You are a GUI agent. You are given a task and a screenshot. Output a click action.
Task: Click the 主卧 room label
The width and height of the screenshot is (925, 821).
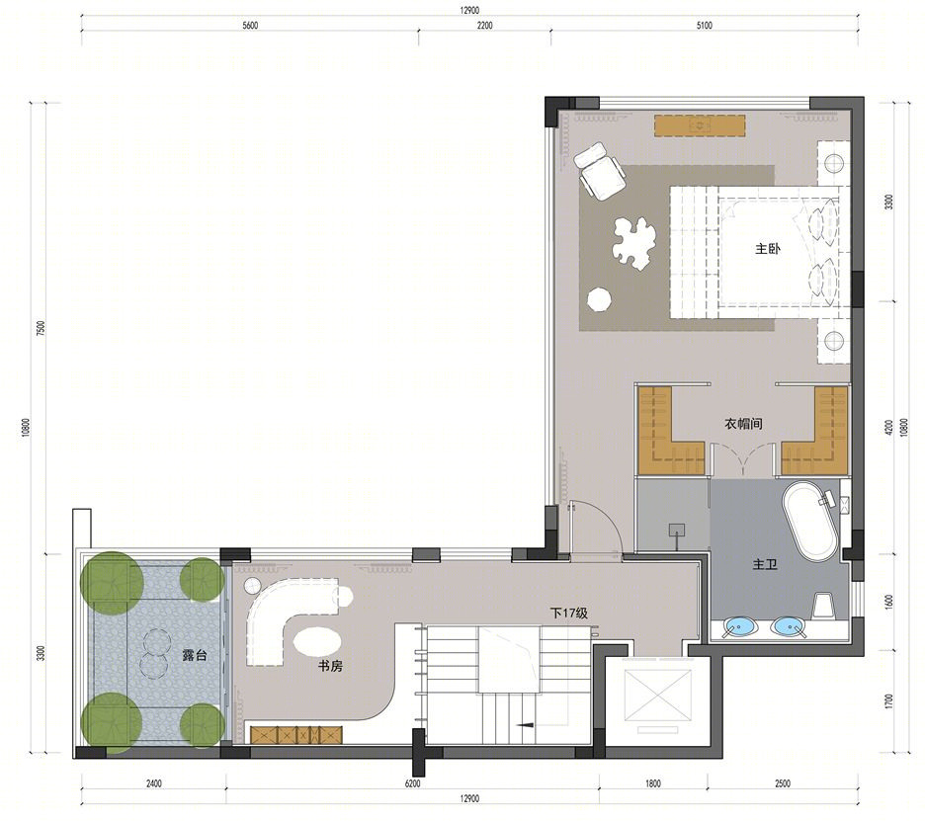[x=768, y=249]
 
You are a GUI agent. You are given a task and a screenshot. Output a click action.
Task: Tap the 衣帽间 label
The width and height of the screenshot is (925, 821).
[x=743, y=424]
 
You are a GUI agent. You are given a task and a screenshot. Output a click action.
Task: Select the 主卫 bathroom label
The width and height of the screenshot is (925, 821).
[x=765, y=564]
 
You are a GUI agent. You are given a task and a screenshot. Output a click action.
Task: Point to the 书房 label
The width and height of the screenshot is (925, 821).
[x=330, y=667]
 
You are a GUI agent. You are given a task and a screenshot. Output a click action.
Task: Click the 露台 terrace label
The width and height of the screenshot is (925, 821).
[x=195, y=655]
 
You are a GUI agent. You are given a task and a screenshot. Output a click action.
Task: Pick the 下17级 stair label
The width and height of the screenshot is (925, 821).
[x=569, y=614]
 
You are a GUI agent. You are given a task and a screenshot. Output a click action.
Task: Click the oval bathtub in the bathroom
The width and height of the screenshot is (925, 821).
[x=809, y=522]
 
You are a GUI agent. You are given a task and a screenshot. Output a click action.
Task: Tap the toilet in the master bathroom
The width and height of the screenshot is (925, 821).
[x=823, y=606]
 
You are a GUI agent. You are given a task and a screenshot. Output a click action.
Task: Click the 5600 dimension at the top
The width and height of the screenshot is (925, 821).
[x=250, y=26]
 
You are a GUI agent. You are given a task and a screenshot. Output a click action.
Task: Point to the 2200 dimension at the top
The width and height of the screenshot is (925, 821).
[x=485, y=26]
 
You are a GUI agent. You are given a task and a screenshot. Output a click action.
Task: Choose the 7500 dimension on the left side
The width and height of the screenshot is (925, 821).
[x=41, y=329]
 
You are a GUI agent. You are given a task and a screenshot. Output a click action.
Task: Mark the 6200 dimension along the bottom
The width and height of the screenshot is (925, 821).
[x=413, y=783]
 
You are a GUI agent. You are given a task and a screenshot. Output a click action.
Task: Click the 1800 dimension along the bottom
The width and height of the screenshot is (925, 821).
[x=653, y=783]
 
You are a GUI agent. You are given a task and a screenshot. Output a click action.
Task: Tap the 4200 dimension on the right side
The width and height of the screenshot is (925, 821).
[x=889, y=428]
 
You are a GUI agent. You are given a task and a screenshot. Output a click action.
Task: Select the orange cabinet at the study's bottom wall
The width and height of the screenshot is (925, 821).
[x=296, y=735]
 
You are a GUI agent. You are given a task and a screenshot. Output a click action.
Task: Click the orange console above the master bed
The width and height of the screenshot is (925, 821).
[x=700, y=125]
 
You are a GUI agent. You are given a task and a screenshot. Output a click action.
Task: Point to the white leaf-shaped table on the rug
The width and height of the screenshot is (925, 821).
[x=633, y=243]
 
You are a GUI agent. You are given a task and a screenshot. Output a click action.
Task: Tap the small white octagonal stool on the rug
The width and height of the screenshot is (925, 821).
[x=599, y=298]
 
